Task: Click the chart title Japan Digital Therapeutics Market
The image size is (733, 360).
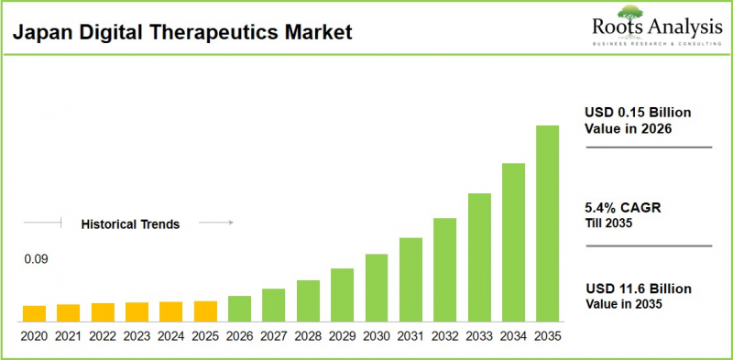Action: click(181, 34)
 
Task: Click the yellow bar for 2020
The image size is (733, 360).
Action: click(34, 314)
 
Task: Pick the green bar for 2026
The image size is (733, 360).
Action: click(239, 310)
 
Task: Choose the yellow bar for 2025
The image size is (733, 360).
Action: click(205, 311)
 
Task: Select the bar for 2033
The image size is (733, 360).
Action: click(479, 257)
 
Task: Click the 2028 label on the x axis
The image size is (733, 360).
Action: click(308, 336)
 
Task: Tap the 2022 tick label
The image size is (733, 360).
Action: click(103, 336)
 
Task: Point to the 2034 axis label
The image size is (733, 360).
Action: click(513, 336)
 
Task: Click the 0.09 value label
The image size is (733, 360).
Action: click(36, 259)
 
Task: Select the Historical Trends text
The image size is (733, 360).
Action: click(130, 224)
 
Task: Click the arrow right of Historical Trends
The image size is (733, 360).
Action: click(216, 223)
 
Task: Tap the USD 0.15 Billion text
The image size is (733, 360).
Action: click(638, 113)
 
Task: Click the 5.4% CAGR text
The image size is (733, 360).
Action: click(622, 208)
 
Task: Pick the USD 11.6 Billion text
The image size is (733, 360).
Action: click(638, 289)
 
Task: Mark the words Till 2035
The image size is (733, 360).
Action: click(608, 223)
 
